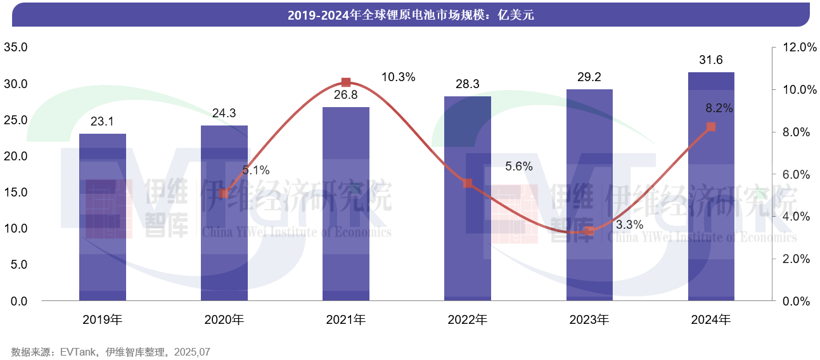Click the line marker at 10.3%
tap(346, 82)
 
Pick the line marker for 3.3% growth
tap(589, 231)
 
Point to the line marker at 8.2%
tap(711, 127)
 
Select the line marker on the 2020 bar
tap(224, 193)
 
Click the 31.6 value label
tap(710, 60)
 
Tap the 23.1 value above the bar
tap(102, 121)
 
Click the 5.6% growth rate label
tap(519, 167)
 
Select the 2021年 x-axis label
tap(346, 320)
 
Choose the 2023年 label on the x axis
tap(589, 320)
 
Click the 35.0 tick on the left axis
tap(16, 48)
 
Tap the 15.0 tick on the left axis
tap(16, 192)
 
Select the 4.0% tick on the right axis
tap(797, 217)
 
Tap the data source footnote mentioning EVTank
tap(110, 352)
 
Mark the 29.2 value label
tap(589, 77)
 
